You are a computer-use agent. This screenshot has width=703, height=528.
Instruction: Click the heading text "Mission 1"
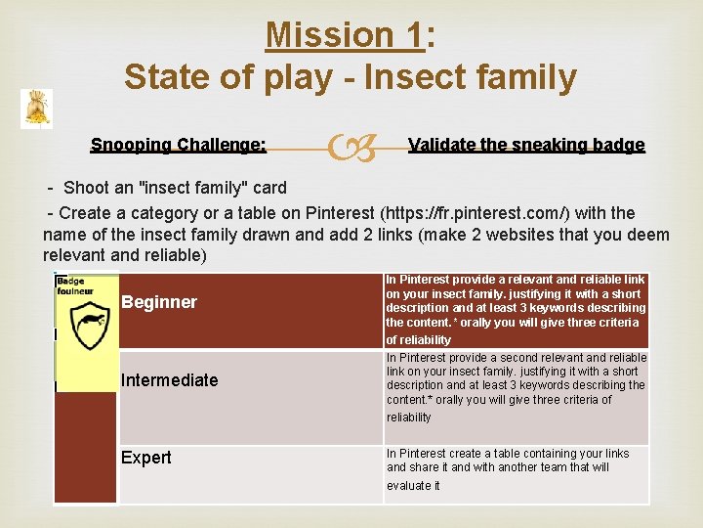pos(345,35)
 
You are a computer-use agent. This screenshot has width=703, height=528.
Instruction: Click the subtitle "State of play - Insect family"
pos(351,76)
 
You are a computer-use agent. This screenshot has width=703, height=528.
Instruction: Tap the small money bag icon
pos(36,109)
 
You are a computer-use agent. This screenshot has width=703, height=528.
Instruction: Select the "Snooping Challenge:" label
pos(178,145)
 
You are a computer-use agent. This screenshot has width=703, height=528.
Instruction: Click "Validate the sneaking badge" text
pos(526,145)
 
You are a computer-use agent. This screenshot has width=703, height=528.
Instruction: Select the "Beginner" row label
pos(159,302)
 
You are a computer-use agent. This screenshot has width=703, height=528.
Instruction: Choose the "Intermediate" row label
pos(169,379)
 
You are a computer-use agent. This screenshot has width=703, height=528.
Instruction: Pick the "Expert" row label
pos(145,458)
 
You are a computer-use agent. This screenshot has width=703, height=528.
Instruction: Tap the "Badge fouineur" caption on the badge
pos(73,286)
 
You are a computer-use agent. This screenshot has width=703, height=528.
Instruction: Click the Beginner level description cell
pos(516,310)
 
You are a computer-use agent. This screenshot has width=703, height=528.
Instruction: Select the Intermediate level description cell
pos(516,387)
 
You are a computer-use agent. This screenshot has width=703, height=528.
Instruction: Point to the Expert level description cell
pos(516,468)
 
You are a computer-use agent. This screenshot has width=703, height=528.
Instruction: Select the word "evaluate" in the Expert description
pos(409,485)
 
